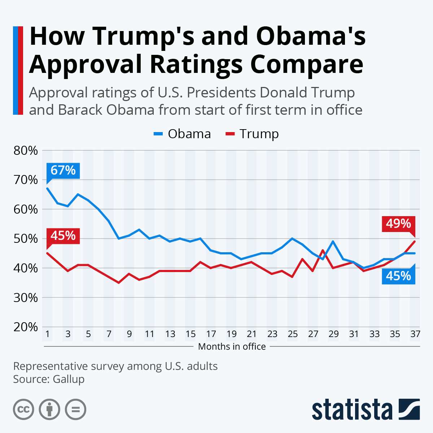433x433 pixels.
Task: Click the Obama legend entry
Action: click(183, 134)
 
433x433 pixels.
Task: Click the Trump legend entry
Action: click(253, 134)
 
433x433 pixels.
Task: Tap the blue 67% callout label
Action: click(63, 170)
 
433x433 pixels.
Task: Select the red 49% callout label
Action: click(398, 224)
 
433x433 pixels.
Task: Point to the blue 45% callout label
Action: click(398, 276)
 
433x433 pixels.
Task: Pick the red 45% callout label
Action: click(63, 236)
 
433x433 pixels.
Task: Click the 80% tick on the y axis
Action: click(26, 150)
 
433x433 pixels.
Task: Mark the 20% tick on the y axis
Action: click(26, 327)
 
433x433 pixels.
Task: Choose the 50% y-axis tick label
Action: click(26, 239)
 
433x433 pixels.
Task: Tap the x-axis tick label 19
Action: click(231, 334)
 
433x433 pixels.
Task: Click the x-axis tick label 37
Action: click(415, 334)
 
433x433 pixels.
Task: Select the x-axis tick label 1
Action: click(47, 334)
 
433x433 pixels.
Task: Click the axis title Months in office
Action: click(232, 347)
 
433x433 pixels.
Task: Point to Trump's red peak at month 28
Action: click(323, 250)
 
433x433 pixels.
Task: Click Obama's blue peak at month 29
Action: click(333, 241)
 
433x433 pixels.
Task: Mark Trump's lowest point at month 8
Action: click(119, 283)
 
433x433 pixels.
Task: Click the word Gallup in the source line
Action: click(69, 379)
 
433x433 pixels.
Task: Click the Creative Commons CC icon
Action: click(23, 410)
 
